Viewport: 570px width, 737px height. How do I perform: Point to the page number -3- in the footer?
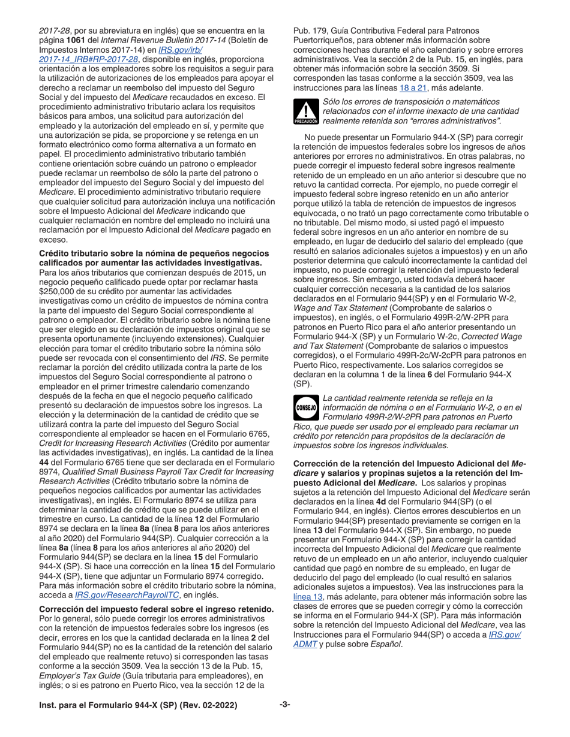285,705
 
